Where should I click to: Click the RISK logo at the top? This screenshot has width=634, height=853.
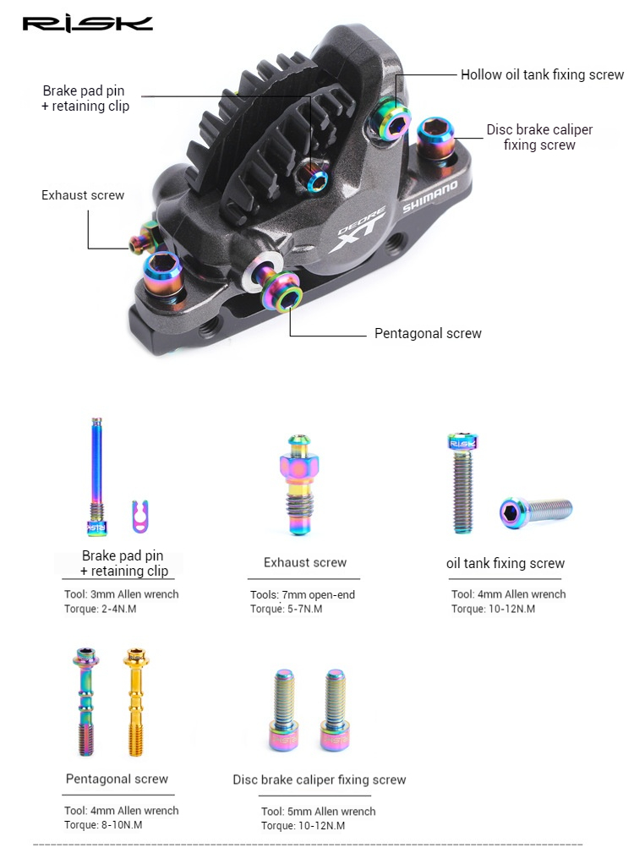click(x=88, y=23)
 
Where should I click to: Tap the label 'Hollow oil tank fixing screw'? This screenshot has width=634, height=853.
click(x=542, y=75)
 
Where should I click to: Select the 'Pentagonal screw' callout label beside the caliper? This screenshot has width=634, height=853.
click(x=428, y=333)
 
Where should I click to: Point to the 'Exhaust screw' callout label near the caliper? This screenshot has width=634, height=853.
click(x=83, y=195)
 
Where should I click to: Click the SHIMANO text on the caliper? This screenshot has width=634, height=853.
click(x=430, y=196)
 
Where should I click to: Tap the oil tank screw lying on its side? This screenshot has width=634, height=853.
click(x=536, y=511)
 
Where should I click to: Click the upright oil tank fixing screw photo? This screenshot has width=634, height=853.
click(x=462, y=483)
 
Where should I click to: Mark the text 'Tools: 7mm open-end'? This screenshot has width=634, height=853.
click(x=303, y=595)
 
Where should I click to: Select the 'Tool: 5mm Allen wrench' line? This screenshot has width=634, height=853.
click(x=319, y=812)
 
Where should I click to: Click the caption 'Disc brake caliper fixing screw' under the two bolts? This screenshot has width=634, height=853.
click(x=320, y=779)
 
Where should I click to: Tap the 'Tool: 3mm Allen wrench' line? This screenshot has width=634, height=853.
click(x=122, y=594)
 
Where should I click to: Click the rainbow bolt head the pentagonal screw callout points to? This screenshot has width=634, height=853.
click(x=287, y=297)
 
